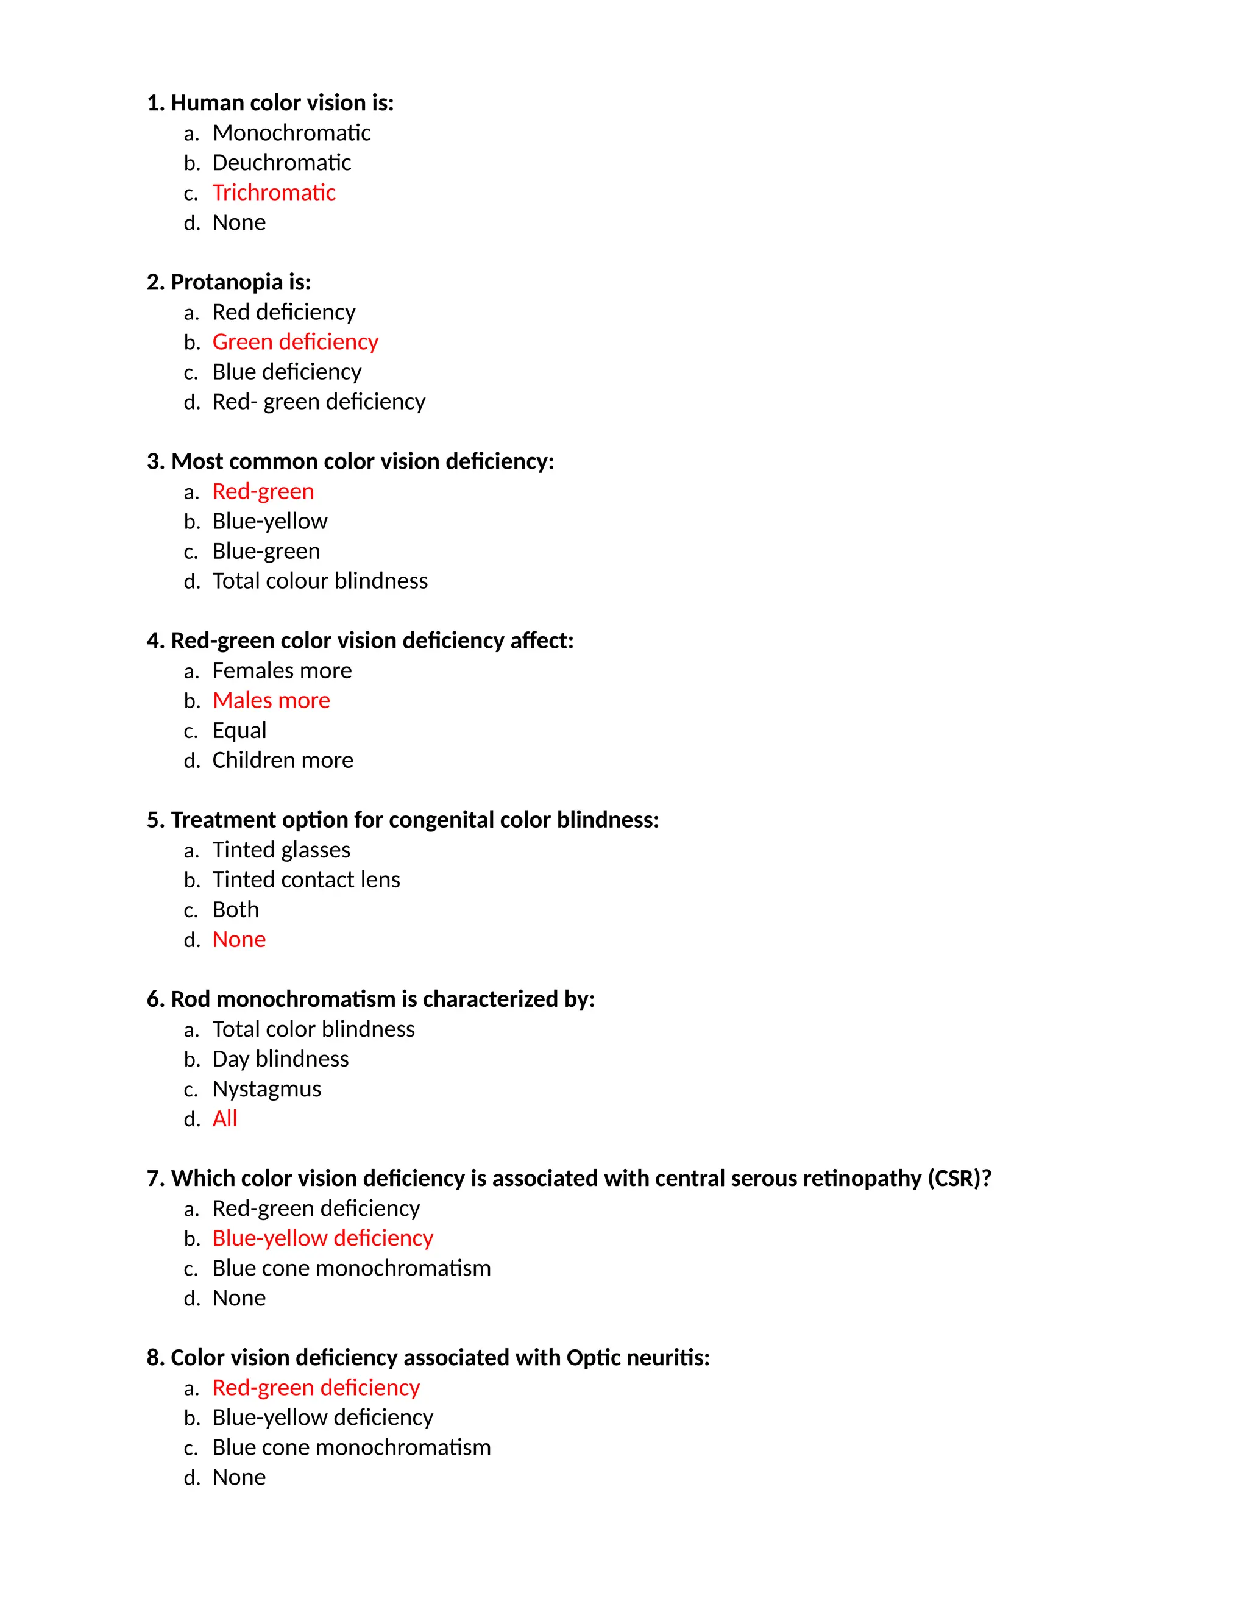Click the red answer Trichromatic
(274, 193)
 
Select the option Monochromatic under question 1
(291, 133)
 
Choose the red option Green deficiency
(295, 343)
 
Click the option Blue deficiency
(287, 372)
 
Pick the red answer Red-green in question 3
(263, 492)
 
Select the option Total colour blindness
(319, 581)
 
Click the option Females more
(282, 671)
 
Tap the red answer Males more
(271, 701)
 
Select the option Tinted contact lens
(306, 880)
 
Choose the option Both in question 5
(236, 909)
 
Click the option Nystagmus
(267, 1089)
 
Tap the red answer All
(225, 1119)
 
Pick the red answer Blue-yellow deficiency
(322, 1238)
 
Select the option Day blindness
(280, 1060)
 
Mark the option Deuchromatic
(282, 163)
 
